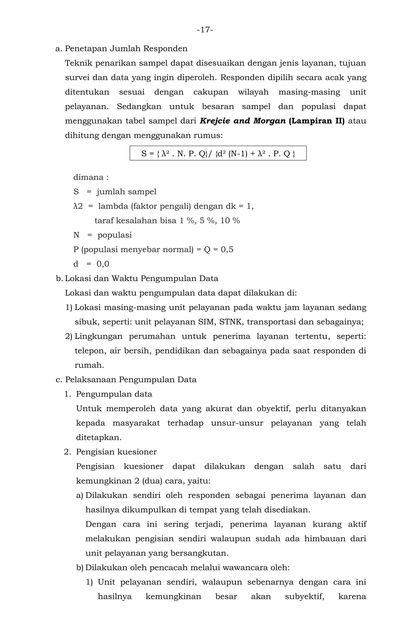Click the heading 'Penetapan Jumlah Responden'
(126, 49)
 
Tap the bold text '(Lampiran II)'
(317, 121)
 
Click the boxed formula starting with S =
(218, 154)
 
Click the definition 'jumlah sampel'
(126, 192)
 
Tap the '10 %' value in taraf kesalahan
(230, 221)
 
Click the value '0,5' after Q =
(227, 249)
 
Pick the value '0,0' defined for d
(103, 264)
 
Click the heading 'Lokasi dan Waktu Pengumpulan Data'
(142, 278)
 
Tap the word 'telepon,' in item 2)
(90, 351)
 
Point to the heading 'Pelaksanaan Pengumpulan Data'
(131, 380)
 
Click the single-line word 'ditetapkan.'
(99, 438)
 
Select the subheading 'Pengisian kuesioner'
(116, 452)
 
